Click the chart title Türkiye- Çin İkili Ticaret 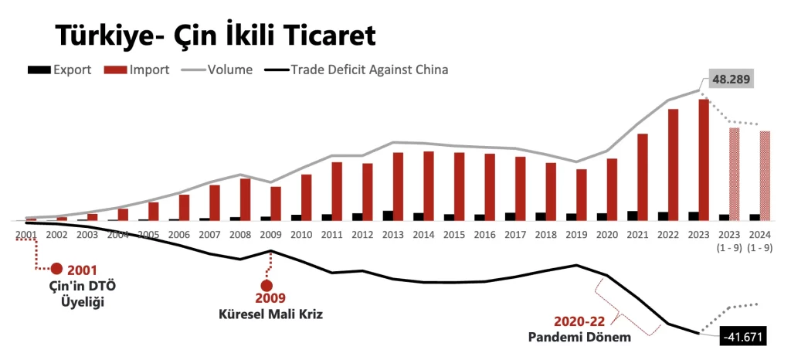click(x=215, y=35)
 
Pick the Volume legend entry click(x=216, y=70)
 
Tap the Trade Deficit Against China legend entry click(x=355, y=70)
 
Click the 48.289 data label click(x=730, y=79)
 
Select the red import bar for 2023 click(x=704, y=159)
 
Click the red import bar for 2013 click(x=398, y=186)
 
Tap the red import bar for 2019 click(x=582, y=195)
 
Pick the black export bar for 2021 click(x=632, y=216)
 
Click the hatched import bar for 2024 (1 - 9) click(x=765, y=175)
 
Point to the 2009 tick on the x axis click(x=270, y=234)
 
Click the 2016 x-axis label click(x=484, y=234)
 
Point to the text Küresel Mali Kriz click(x=270, y=314)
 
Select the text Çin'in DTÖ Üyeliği click(x=72, y=294)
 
